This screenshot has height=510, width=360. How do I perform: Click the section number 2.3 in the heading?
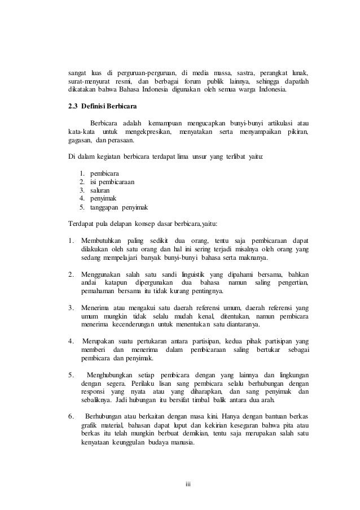click(x=72, y=106)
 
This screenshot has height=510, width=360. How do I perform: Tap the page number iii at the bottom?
click(x=188, y=483)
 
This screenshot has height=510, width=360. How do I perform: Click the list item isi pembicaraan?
click(x=108, y=182)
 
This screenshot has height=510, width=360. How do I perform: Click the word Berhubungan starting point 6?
click(x=109, y=417)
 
